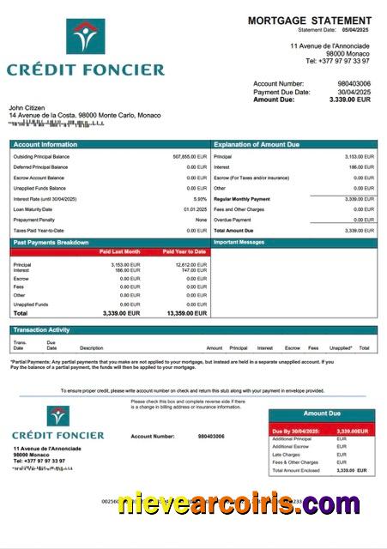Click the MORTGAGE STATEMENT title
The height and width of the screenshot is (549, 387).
(310, 20)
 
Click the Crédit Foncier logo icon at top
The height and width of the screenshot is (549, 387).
(85, 37)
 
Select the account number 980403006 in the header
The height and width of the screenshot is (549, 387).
(354, 83)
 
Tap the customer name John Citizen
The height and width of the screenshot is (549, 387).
(28, 107)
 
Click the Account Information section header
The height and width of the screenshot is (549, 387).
(45, 144)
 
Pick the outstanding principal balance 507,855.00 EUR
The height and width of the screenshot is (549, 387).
(190, 157)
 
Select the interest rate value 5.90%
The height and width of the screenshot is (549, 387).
(200, 199)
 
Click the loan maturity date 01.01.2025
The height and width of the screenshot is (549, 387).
(195, 209)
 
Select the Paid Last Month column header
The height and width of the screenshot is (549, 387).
(119, 252)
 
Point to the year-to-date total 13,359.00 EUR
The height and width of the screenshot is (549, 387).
(186, 314)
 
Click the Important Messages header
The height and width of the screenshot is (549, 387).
(239, 243)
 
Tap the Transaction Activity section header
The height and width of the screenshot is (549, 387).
(41, 329)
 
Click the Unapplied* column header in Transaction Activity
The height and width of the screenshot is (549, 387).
(341, 348)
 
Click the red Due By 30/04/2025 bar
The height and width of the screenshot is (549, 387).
(322, 431)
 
